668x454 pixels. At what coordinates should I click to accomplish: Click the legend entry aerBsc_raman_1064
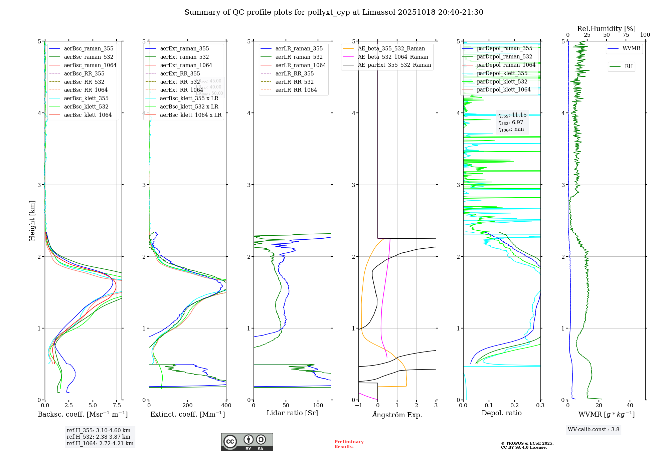90,65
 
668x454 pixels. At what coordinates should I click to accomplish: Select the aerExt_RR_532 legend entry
180,82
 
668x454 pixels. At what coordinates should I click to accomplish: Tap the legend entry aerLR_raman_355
299,48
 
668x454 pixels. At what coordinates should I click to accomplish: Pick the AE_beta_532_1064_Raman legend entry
393,57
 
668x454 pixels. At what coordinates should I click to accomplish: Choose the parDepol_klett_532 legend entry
502,81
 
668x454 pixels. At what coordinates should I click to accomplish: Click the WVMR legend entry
631,48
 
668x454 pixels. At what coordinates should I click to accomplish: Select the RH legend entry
629,66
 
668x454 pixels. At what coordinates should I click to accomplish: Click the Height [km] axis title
32,220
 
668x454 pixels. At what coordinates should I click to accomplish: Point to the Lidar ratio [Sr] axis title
292,413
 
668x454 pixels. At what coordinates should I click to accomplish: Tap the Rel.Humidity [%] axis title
606,29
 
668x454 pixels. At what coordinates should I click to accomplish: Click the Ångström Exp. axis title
397,415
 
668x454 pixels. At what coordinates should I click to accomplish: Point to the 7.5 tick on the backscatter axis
117,406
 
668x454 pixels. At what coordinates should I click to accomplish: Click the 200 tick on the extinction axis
188,406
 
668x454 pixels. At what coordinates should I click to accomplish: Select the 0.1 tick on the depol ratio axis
489,406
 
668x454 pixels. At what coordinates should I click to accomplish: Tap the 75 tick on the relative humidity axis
626,35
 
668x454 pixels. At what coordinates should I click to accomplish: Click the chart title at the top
334,12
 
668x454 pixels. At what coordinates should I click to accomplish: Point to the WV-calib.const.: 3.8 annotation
594,429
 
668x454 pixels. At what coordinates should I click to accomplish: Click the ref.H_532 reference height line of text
99,437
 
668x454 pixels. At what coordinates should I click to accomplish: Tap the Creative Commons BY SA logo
247,442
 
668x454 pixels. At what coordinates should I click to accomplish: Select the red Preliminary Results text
349,444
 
